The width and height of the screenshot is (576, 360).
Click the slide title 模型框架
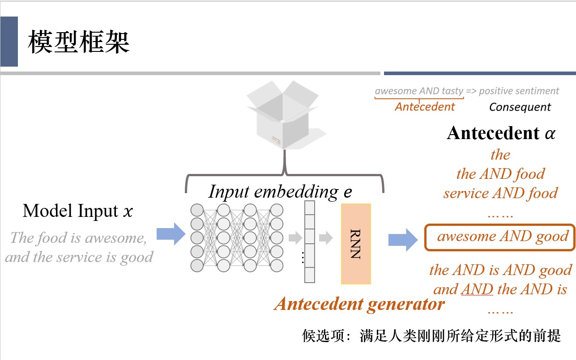79,43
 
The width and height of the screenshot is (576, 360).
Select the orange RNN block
356,244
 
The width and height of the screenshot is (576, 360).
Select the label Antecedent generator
359,305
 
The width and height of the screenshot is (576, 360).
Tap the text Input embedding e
280,192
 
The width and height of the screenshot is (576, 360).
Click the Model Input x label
78,211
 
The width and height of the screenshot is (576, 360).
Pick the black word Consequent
520,107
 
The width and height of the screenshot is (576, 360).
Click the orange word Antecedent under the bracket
425,107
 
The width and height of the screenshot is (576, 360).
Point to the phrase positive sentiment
519,91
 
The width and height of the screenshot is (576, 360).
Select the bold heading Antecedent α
501,133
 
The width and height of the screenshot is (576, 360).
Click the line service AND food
500,193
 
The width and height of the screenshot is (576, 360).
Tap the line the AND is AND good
500,270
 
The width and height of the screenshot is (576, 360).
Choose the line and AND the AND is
500,289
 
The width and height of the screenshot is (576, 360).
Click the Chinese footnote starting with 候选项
431,336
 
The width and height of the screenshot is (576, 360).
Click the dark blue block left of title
9,42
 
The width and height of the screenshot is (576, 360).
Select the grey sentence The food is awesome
78,237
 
